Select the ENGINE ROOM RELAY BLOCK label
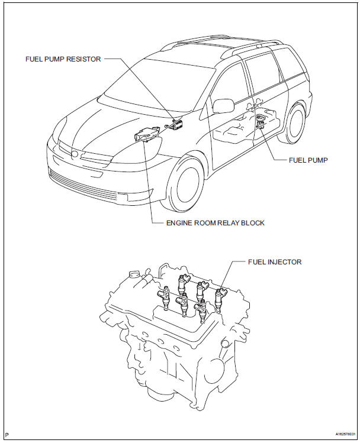pos(216,223)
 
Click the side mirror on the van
pos(223,106)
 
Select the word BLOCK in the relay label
pos(252,223)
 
